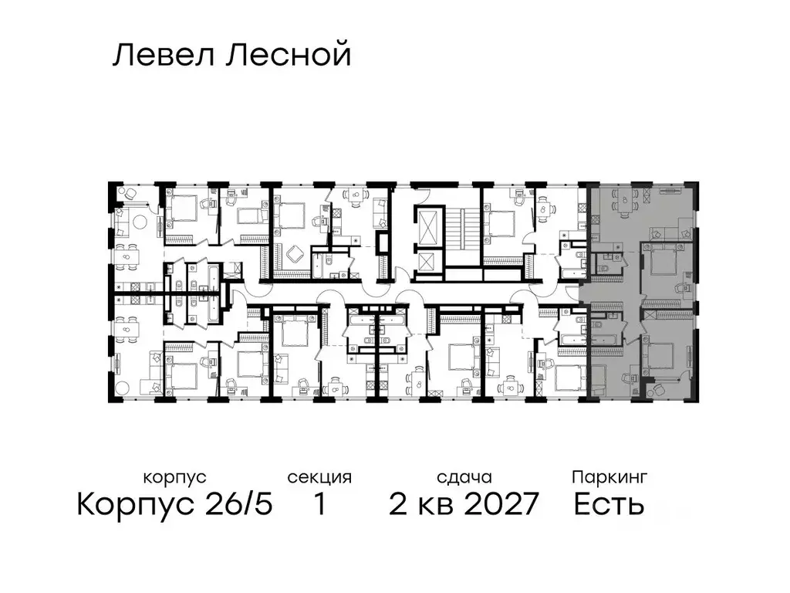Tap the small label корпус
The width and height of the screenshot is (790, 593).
(x=174, y=478)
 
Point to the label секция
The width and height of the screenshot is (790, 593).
(x=319, y=478)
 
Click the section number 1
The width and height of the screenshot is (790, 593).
(x=319, y=505)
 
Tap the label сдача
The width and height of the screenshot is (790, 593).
(x=463, y=478)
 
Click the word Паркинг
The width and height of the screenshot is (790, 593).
(x=609, y=478)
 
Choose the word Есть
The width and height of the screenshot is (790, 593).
(x=609, y=505)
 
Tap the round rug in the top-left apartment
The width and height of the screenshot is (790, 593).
(x=140, y=222)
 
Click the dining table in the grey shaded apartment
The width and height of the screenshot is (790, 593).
(x=623, y=202)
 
